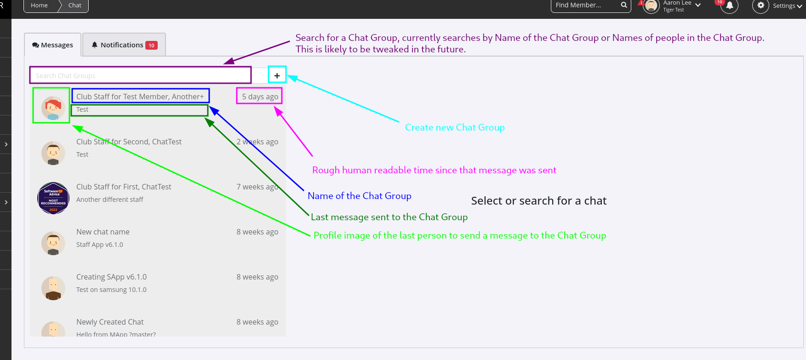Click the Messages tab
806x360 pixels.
[52, 45]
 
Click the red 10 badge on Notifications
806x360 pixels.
[151, 46]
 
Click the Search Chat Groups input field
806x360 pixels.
[140, 75]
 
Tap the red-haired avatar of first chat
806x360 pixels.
[53, 108]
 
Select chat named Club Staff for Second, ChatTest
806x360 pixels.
[129, 142]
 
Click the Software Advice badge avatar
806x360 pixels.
[53, 198]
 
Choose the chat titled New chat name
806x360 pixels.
[103, 232]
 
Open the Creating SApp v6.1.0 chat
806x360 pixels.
[111, 277]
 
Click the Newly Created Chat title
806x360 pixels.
[110, 322]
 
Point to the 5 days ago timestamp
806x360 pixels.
[260, 97]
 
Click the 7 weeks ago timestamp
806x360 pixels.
[257, 187]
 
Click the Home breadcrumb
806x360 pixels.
[39, 6]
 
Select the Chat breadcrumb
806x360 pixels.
[74, 6]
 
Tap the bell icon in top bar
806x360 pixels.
[729, 6]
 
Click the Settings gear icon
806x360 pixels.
[760, 6]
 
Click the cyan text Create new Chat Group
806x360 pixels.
[455, 127]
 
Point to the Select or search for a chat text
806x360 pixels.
[538, 201]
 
